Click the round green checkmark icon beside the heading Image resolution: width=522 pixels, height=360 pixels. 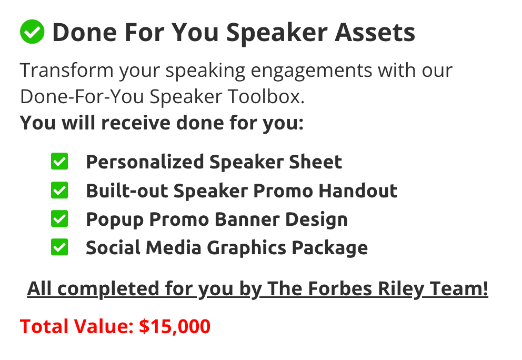point(32,32)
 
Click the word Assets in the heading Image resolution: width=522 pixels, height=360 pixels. point(375,33)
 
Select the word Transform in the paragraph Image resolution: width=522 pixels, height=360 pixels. point(67,71)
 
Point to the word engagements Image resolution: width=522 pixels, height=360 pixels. point(312,71)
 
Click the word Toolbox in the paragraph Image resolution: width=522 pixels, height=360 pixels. point(266,96)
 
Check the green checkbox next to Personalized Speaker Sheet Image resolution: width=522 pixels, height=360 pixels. point(59,161)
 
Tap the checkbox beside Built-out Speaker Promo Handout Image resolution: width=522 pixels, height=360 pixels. point(59,190)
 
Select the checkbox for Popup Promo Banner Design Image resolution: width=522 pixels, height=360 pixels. point(59,218)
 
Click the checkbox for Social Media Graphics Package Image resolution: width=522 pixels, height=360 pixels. point(59,247)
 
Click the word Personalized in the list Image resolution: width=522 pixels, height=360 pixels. point(145,162)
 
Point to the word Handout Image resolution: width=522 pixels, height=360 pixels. point(358,191)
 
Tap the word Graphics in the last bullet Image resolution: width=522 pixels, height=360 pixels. point(246,248)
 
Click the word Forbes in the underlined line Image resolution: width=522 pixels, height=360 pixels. point(339,288)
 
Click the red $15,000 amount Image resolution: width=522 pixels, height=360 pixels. point(175,326)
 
